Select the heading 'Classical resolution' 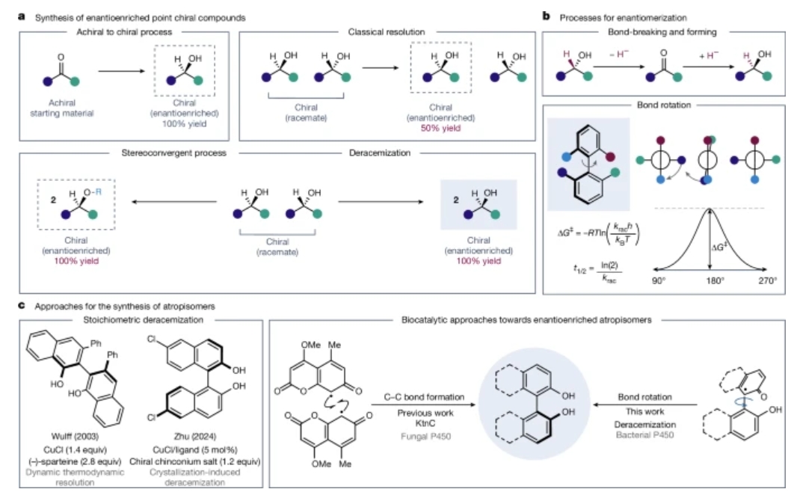(x=386, y=33)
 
